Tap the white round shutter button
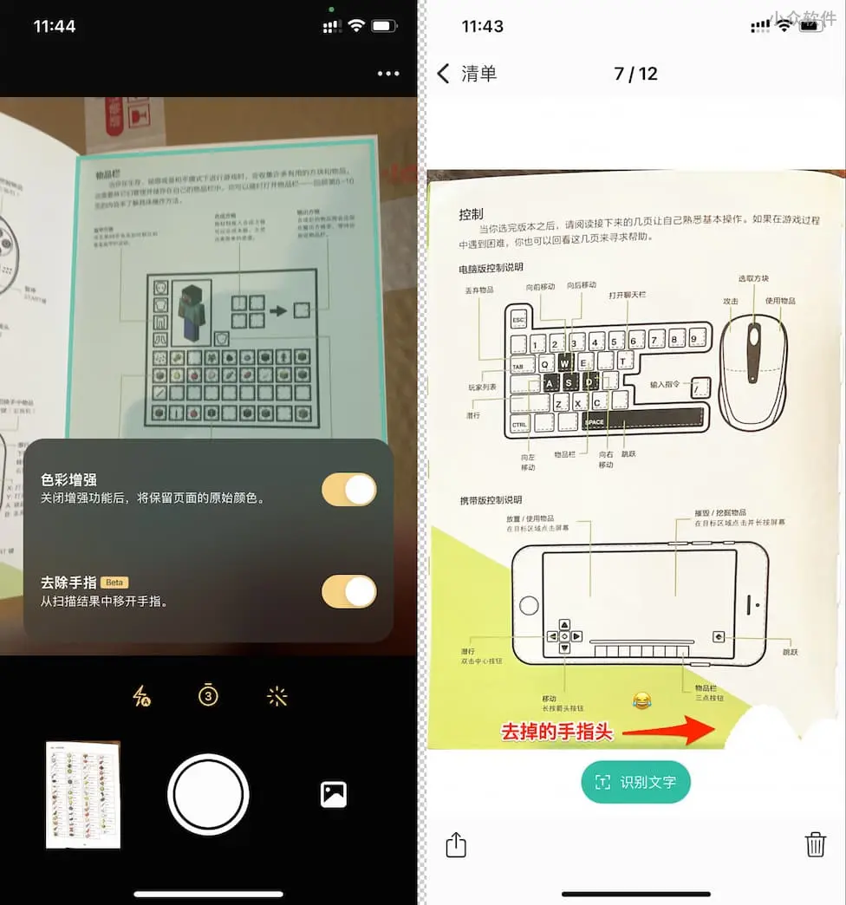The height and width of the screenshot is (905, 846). tap(208, 794)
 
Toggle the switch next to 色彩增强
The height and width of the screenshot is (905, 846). tap(349, 490)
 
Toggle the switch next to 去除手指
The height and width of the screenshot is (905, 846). tap(349, 592)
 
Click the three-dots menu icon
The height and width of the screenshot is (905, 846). tap(388, 74)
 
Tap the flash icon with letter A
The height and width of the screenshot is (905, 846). tap(141, 696)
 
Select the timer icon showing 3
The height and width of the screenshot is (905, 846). tap(208, 694)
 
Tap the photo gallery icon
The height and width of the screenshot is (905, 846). tap(334, 794)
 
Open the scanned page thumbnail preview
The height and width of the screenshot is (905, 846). tap(83, 795)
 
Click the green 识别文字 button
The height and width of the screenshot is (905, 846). tap(635, 782)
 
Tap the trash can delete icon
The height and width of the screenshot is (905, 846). tap(815, 844)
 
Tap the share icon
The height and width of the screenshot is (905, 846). tap(457, 844)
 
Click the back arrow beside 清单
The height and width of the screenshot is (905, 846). tap(444, 74)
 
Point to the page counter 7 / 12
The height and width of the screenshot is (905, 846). tap(635, 74)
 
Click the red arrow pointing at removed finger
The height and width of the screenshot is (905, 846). tap(667, 731)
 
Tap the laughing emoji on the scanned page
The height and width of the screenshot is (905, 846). tap(641, 700)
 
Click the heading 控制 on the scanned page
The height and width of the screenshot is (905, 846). tap(471, 214)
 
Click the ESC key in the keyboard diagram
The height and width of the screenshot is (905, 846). tap(518, 320)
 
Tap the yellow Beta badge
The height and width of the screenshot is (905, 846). tap(114, 582)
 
